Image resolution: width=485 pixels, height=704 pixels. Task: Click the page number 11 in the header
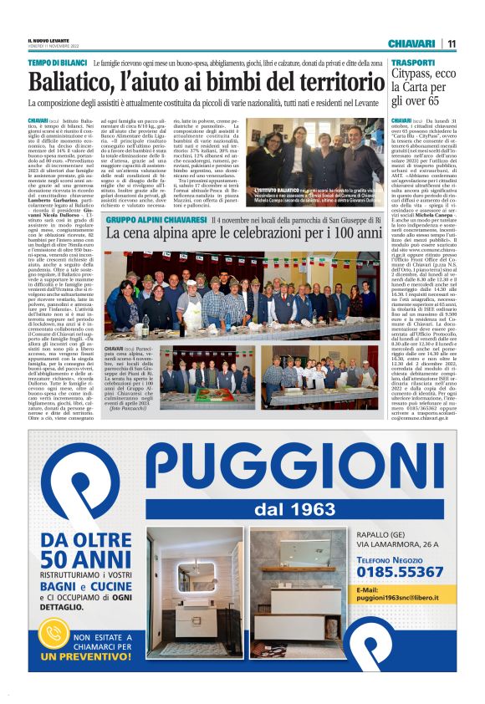pyautogui.click(x=451, y=43)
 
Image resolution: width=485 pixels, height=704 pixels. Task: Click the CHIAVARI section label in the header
pyautogui.click(x=411, y=43)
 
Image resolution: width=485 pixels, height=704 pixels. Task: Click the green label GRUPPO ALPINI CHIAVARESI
pyautogui.click(x=156, y=219)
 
